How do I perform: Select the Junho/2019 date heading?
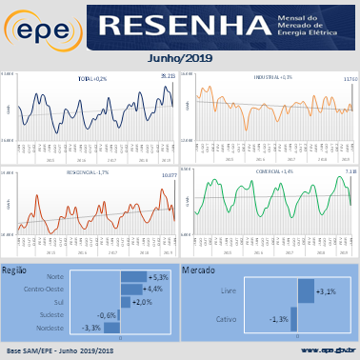point(180,58)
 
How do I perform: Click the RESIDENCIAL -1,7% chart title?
point(89,173)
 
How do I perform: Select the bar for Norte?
point(132,276)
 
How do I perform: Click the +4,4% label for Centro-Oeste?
point(152,289)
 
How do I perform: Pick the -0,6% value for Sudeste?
point(107,314)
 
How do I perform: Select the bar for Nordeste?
point(115,327)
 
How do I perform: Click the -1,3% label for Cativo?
point(279,319)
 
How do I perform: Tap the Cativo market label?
point(226,319)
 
